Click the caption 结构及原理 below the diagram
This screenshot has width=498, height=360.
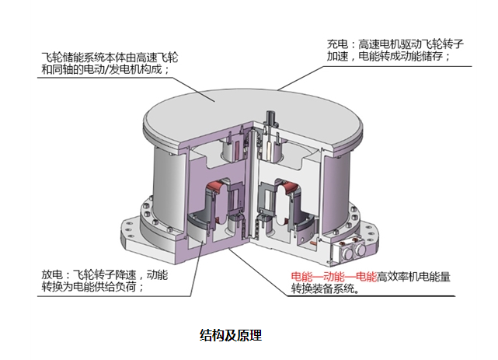(231, 335)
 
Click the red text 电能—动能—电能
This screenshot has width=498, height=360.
(333, 277)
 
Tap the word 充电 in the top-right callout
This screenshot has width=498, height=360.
(337, 44)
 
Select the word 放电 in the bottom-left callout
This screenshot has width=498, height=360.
(52, 274)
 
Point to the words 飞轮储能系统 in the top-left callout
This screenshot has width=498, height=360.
(73, 58)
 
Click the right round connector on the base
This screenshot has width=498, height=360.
(360, 250)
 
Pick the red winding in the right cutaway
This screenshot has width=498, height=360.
(291, 188)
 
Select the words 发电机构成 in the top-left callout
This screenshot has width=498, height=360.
(136, 69)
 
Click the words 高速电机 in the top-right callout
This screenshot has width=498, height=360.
(379, 44)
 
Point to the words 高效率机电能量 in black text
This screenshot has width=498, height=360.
(413, 277)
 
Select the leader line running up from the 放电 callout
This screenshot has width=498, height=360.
(197, 267)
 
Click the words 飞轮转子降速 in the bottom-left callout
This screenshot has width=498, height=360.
(104, 274)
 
